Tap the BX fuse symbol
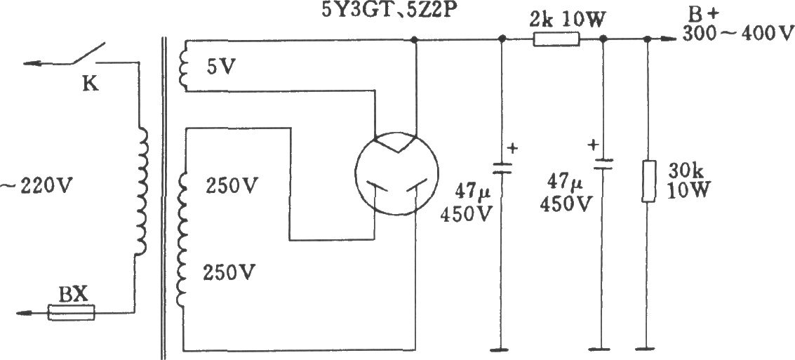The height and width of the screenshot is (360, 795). click(71, 312)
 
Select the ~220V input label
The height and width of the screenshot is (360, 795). click(38, 188)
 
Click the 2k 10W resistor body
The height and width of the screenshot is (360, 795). click(556, 40)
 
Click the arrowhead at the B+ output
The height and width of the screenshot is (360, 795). click(672, 40)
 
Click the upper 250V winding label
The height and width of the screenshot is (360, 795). click(232, 187)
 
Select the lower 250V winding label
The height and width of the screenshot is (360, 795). click(228, 272)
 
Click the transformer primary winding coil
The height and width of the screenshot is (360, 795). click(142, 191)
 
